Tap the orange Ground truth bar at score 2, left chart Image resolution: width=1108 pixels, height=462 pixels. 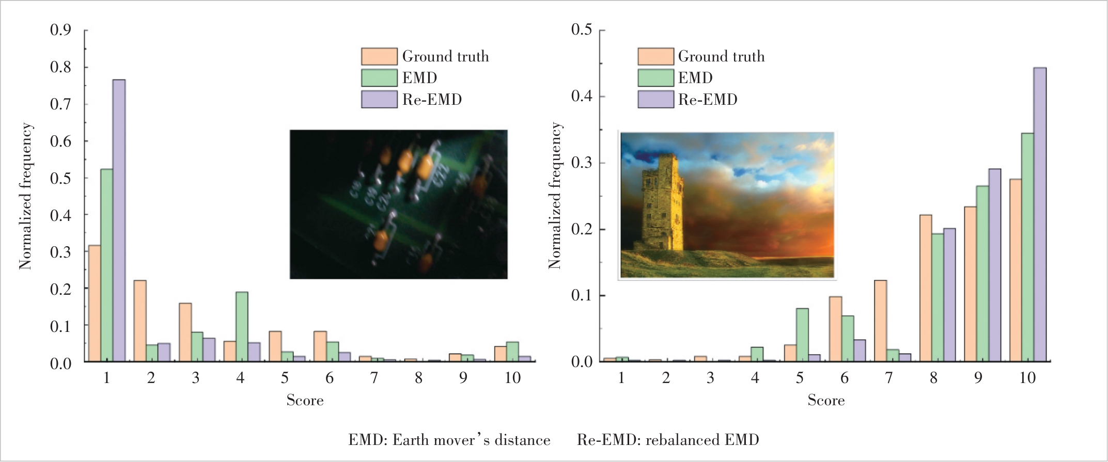140,321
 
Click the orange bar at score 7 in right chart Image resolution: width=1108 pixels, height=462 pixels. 880,321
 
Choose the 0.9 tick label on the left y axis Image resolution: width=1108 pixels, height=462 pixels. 60,30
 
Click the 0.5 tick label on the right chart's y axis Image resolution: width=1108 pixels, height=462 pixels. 582,29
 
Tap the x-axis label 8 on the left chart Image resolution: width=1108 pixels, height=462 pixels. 418,378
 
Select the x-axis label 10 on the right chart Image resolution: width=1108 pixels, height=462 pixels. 1027,378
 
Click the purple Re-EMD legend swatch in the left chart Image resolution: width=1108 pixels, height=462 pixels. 379,99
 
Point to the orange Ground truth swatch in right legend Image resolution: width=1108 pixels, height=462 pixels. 656,56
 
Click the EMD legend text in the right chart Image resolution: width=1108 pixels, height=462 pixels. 695,78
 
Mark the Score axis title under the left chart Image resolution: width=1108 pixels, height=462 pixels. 305,401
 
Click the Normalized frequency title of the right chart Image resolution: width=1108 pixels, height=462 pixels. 555,196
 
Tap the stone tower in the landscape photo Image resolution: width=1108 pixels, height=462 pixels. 663,201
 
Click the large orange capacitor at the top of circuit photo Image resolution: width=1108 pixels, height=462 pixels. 425,166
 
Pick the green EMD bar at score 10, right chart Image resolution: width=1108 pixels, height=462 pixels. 1027,247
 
